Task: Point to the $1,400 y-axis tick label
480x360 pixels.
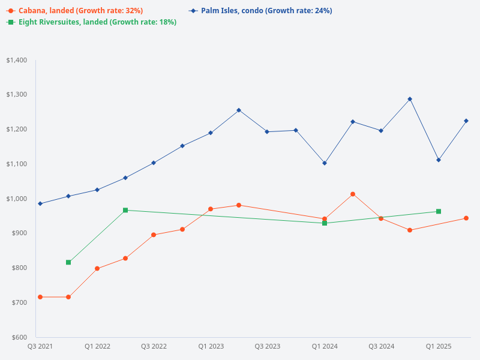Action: [16, 60]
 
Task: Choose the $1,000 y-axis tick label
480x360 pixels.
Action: [16, 199]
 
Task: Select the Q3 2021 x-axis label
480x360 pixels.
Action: [40, 346]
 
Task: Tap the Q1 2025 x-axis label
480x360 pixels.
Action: [439, 346]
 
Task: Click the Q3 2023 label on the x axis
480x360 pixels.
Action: [268, 346]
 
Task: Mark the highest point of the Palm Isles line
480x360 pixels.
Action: [410, 99]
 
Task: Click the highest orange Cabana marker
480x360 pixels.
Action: [353, 194]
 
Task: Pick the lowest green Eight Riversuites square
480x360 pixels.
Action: [68, 262]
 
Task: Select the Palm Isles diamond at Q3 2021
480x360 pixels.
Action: [40, 203]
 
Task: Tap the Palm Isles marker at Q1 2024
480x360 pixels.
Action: [325, 163]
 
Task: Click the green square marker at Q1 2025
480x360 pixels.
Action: [439, 211]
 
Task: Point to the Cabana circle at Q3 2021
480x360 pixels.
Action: [40, 297]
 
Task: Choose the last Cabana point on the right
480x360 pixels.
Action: [466, 218]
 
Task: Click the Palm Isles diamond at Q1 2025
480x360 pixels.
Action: [439, 160]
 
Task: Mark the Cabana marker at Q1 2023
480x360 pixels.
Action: [211, 209]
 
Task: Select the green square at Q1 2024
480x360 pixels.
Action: [325, 223]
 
